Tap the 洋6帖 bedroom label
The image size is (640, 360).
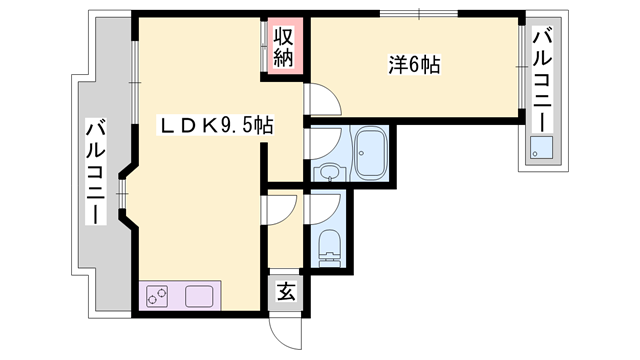(x=415, y=66)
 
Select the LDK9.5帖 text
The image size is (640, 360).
(x=219, y=127)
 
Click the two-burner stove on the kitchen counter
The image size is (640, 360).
(x=158, y=296)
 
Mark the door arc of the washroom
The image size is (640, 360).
(x=320, y=145)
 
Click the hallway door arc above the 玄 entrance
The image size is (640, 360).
(x=282, y=208)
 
